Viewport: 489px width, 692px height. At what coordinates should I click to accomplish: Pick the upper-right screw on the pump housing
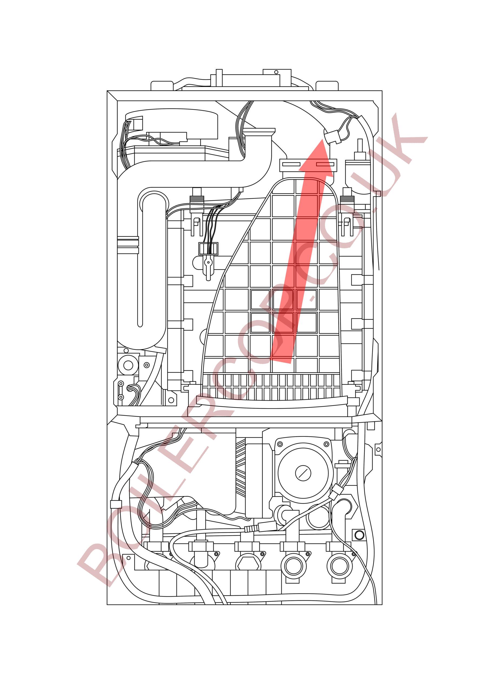pos(326,444)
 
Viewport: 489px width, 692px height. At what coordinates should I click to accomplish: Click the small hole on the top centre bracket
pos(275,72)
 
